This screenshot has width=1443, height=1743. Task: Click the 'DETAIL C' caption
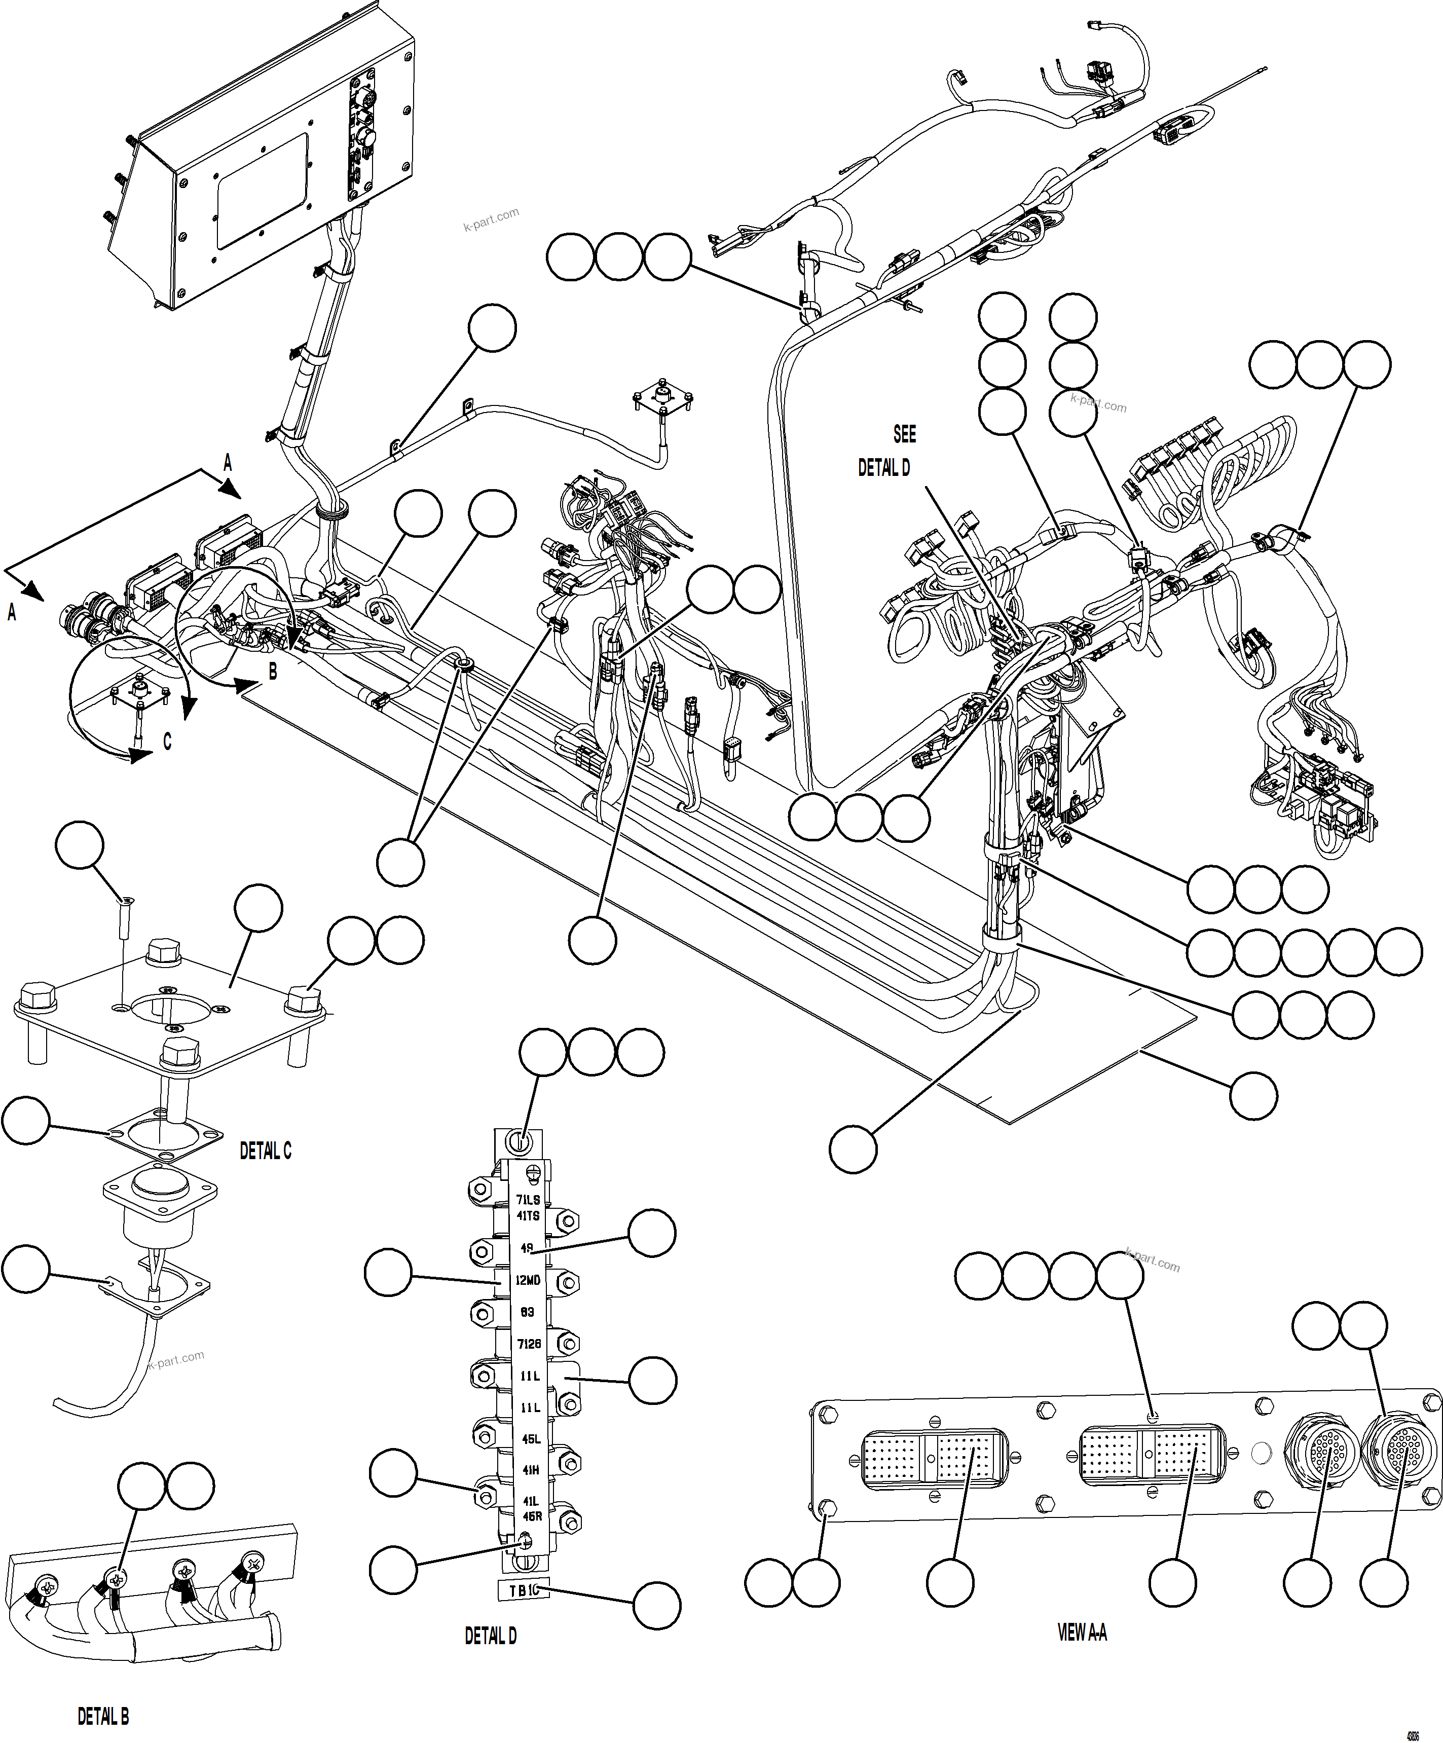(x=265, y=1151)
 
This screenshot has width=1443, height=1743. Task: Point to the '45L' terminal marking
(x=530, y=1439)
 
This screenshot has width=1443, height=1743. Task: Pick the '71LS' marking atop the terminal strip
(x=527, y=1199)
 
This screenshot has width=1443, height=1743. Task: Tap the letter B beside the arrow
(x=272, y=672)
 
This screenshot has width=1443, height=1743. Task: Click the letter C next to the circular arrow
(x=167, y=741)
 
